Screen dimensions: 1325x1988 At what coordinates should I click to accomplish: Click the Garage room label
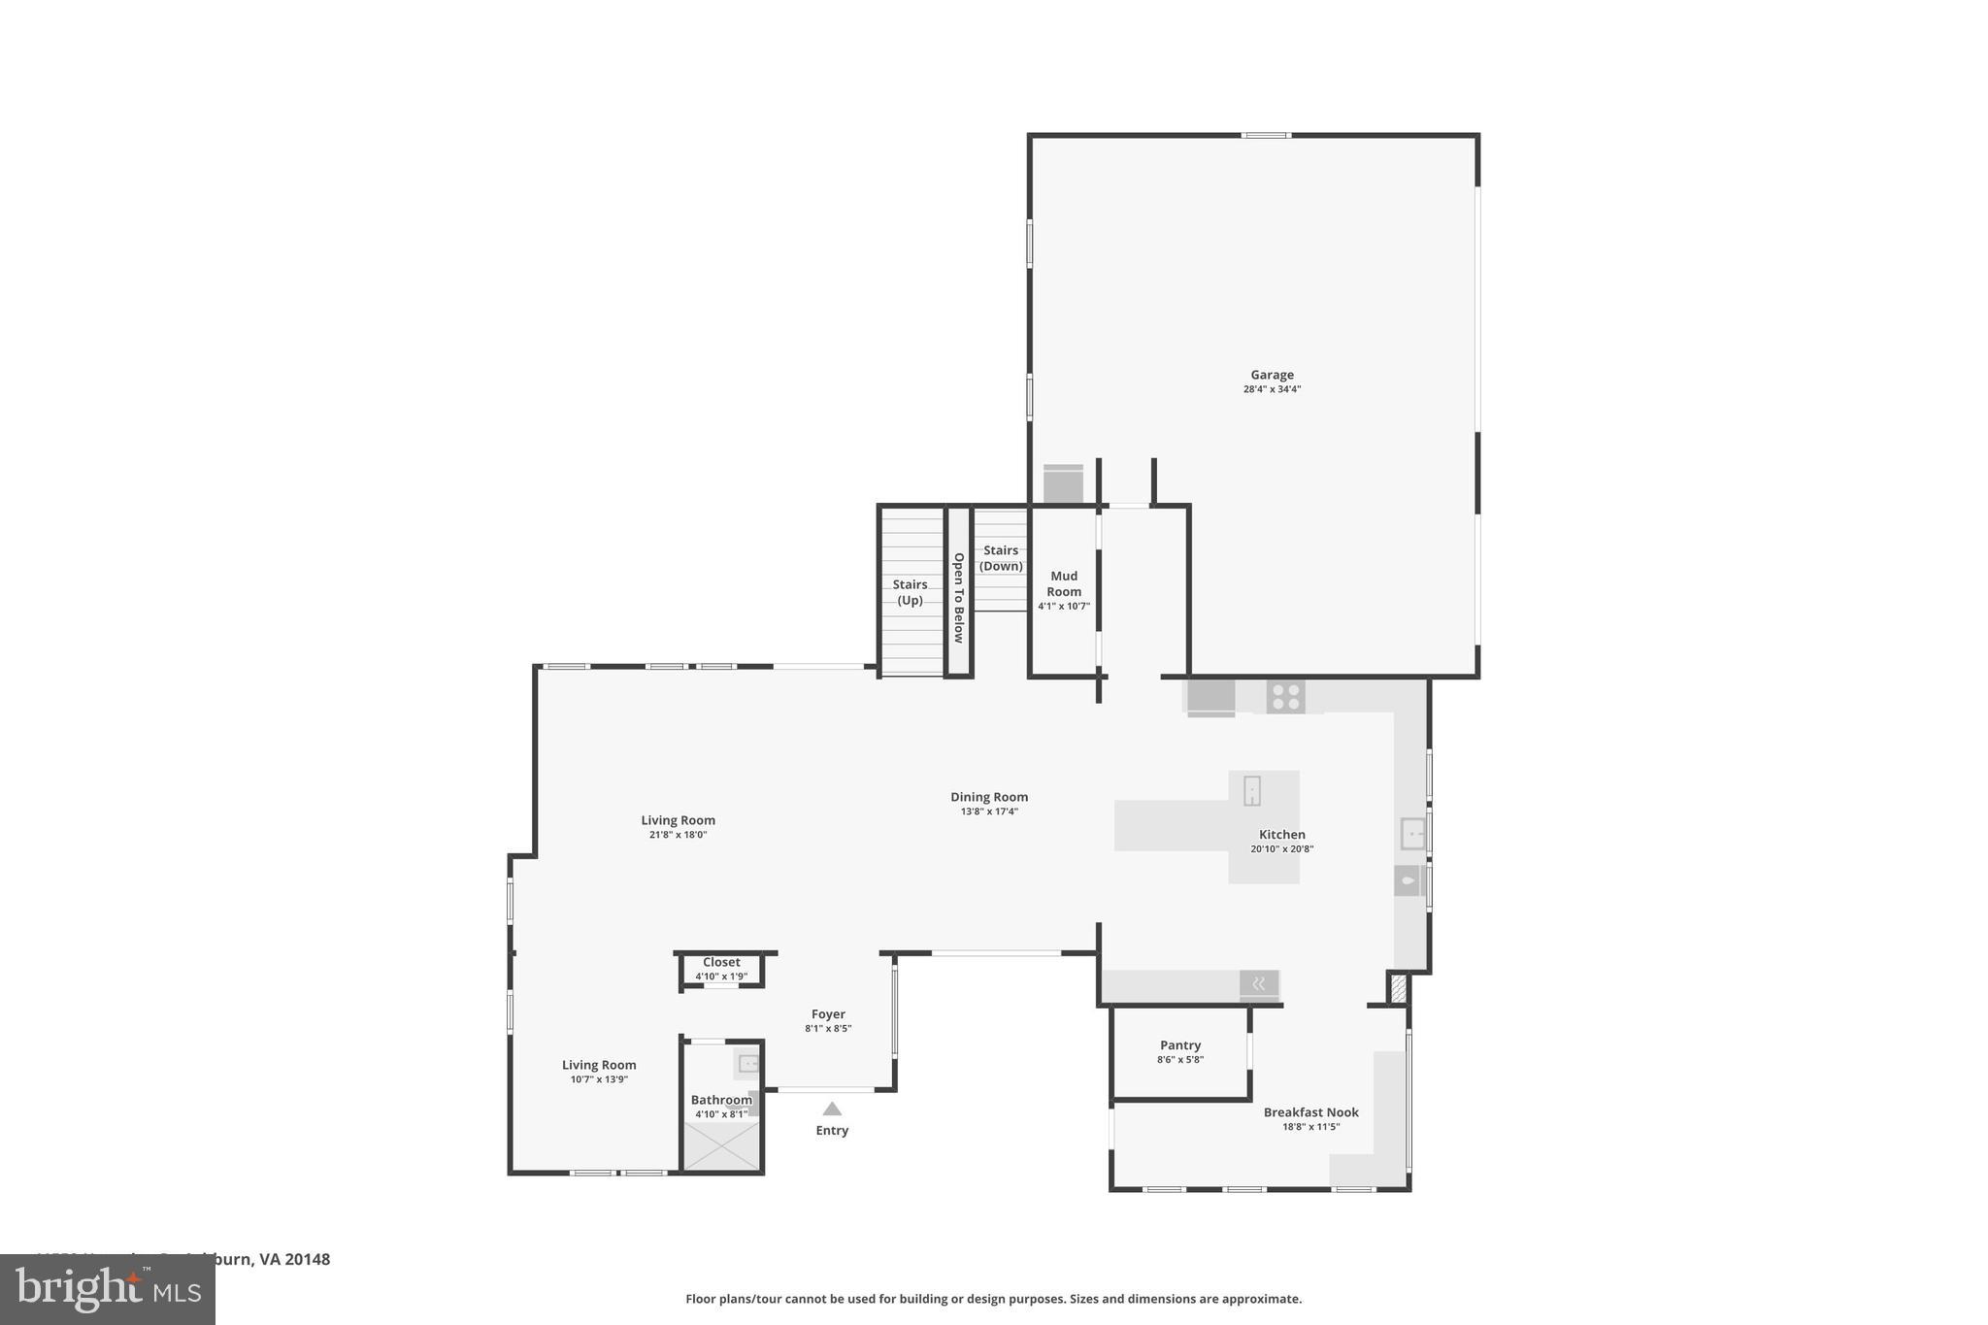(1272, 375)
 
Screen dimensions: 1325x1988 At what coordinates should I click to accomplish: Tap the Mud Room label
(1064, 584)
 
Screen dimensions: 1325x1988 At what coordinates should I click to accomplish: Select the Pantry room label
(1180, 1045)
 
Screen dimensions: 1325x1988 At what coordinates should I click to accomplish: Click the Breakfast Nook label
(1310, 1112)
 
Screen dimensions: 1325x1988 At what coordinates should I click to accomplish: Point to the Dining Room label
(989, 797)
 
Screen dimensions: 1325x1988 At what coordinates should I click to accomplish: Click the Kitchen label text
(1282, 835)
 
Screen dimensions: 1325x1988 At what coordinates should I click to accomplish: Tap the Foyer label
(828, 1014)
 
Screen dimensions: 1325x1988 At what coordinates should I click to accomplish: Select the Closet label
(721, 963)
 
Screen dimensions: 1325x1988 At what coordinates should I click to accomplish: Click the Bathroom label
(721, 1100)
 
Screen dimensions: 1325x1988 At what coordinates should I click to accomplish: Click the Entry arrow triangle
(832, 1109)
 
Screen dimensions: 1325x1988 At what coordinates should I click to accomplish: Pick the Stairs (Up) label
(910, 592)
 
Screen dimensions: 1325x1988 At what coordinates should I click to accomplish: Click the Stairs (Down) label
(1001, 558)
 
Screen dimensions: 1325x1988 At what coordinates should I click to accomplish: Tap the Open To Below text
(958, 598)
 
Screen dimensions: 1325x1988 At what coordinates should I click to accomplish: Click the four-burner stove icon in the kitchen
(1285, 697)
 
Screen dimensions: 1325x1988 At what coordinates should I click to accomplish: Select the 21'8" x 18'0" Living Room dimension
(678, 835)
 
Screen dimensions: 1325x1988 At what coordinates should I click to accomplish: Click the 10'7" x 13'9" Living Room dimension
(599, 1079)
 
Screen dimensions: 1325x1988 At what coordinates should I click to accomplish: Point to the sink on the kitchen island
(1252, 790)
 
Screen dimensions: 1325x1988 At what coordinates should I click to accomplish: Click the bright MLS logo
(108, 1290)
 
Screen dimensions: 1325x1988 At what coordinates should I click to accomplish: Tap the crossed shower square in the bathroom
(721, 1146)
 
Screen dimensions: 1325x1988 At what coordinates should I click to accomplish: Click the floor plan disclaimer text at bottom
(993, 1299)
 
